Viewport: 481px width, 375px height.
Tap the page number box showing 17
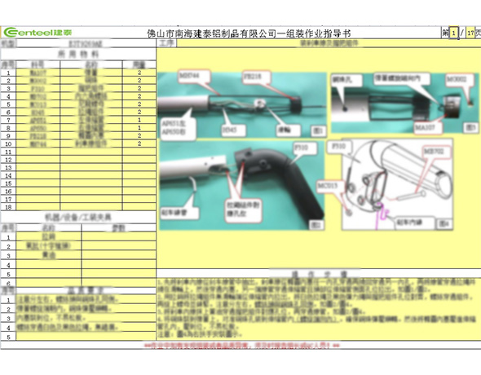[x=470, y=33]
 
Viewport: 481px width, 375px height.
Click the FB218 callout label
[x=251, y=74]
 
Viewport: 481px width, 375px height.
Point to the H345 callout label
[x=232, y=128]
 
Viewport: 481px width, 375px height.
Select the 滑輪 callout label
[x=283, y=128]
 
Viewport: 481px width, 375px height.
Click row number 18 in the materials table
[x=7, y=207]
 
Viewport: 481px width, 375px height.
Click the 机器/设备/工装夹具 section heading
[x=77, y=217]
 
